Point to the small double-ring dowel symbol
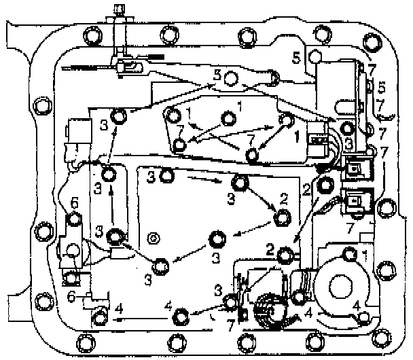tap(154, 238)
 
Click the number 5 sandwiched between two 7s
tap(381, 88)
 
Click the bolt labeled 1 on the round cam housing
tap(350, 255)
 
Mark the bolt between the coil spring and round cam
tap(299, 297)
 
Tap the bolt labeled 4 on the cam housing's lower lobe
tap(364, 317)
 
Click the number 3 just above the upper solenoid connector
tap(349, 143)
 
